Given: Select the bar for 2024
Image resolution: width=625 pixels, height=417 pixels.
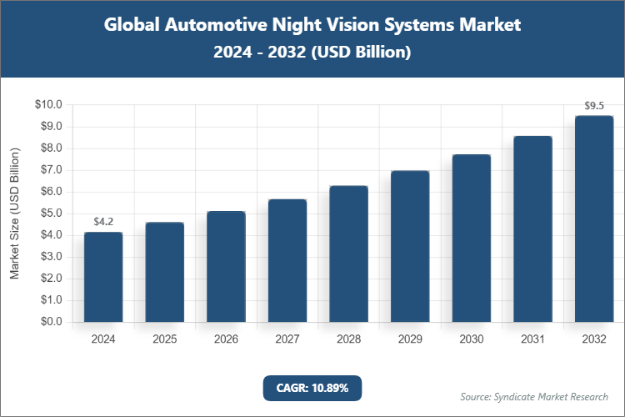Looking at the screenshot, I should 103,277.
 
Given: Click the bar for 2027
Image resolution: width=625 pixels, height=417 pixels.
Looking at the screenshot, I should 287,260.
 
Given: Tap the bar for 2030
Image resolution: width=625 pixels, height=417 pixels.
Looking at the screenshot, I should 471,238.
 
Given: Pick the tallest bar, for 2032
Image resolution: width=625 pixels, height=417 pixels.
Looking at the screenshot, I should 594,219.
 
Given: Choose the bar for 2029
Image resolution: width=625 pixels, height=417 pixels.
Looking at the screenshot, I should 410,246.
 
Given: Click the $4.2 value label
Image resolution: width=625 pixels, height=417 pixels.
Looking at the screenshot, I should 103,222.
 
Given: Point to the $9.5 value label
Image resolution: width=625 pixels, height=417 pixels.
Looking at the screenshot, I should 594,106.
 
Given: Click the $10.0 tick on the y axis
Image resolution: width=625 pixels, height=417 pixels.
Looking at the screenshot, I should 48,105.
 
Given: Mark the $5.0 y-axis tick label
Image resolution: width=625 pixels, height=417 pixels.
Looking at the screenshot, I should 50,214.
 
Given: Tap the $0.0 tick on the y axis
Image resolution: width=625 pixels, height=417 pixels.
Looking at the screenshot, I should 50,322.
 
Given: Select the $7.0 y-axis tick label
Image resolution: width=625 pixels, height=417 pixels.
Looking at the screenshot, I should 50,170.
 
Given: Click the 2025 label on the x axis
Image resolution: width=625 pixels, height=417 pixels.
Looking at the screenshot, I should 165,339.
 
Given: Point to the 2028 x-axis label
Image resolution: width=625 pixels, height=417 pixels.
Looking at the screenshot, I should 348,339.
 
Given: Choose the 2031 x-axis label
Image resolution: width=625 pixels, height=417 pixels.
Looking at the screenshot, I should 532,339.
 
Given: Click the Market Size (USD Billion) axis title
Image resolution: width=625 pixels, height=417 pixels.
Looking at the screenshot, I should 15,213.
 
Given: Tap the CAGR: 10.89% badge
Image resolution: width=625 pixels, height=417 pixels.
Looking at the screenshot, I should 312,388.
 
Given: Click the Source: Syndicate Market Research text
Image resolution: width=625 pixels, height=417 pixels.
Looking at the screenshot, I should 534,396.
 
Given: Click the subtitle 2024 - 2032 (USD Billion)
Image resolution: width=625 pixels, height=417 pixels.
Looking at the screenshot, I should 312,52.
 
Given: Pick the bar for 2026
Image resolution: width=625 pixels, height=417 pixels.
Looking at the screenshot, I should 226,266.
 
